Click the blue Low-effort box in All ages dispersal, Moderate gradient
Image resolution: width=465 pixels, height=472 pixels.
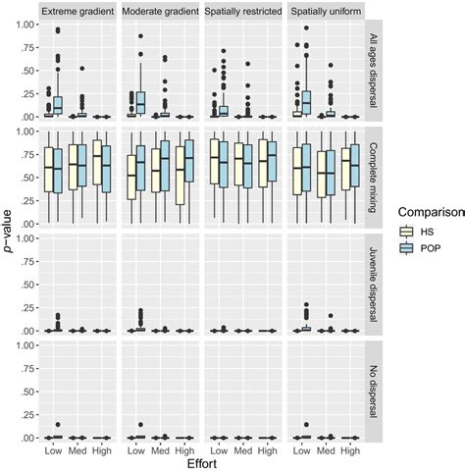click(x=140, y=103)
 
